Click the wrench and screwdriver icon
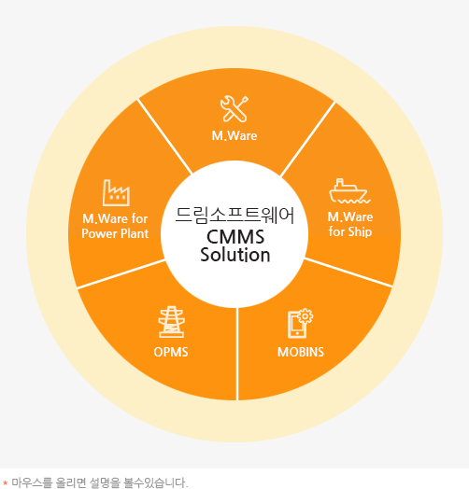pyautogui.click(x=234, y=108)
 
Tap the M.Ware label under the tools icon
pyautogui.click(x=234, y=135)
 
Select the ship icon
pyautogui.click(x=349, y=191)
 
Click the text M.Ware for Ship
pyautogui.click(x=350, y=224)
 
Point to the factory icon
pyautogui.click(x=116, y=192)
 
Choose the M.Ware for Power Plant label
pyautogui.click(x=115, y=226)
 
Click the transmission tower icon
pyautogui.click(x=171, y=322)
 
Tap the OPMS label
pyautogui.click(x=171, y=352)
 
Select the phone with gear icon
pyautogui.click(x=300, y=323)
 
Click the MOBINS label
pyautogui.click(x=301, y=352)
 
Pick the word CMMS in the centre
pyautogui.click(x=235, y=237)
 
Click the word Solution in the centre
pyautogui.click(x=235, y=255)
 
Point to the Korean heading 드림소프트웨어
pyautogui.click(x=234, y=216)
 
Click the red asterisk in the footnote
pyautogui.click(x=6, y=483)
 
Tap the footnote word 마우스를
pyautogui.click(x=32, y=482)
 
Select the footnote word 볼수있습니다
pyautogui.click(x=155, y=482)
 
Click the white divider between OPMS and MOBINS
pyautogui.click(x=237, y=354)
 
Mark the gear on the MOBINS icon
pyautogui.click(x=306, y=316)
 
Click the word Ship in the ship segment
pyautogui.click(x=360, y=232)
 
